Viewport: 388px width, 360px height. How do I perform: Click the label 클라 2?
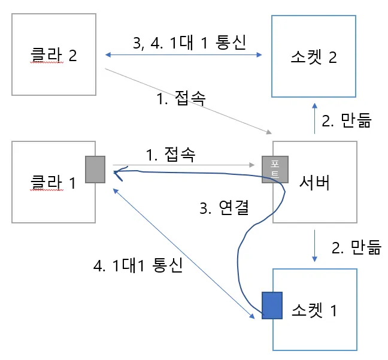tap(54, 56)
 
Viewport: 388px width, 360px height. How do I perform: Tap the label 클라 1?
tap(54, 182)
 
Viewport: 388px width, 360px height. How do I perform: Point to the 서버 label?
tap(314, 183)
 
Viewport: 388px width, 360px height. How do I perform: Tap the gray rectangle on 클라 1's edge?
tap(95, 170)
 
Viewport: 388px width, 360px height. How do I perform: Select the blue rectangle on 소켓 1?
tap(272, 304)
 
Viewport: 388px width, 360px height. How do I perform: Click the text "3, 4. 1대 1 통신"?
tap(183, 43)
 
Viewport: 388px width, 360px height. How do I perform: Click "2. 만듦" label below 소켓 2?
tap(347, 121)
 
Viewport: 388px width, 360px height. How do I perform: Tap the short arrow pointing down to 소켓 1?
tap(315, 244)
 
